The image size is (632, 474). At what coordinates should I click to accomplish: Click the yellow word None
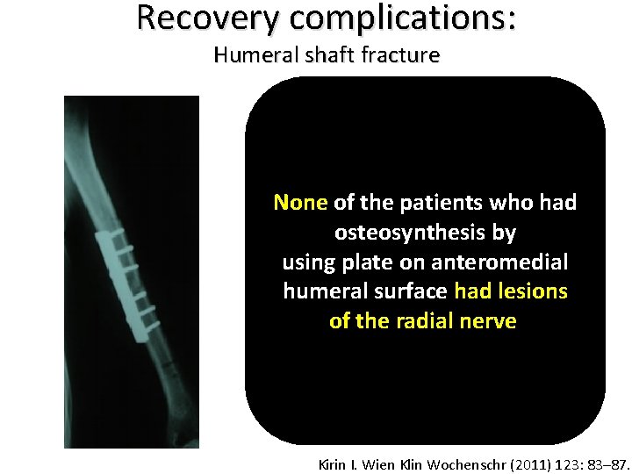(x=300, y=203)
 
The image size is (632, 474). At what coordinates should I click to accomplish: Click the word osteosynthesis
(x=425, y=233)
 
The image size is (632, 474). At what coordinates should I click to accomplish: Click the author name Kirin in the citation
(x=334, y=463)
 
